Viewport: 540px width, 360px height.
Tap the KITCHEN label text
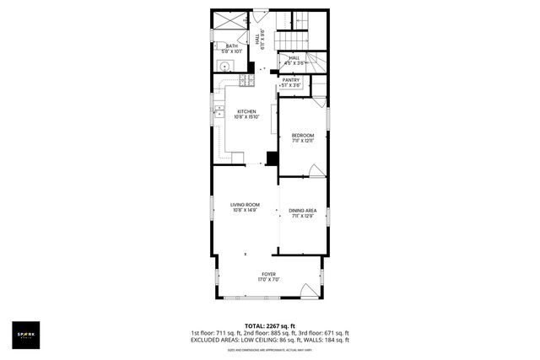point(246,111)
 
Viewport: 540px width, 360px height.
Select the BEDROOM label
point(303,136)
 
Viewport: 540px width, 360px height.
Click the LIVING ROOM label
point(245,205)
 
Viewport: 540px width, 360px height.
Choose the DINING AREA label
point(303,211)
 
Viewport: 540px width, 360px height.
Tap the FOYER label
point(269,274)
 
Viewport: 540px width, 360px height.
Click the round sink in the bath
point(225,65)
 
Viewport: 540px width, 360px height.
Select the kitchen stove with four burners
point(246,81)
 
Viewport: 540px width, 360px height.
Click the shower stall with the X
point(228,20)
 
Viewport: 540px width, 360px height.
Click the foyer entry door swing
point(308,293)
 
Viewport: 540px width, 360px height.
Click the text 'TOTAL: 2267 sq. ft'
point(270,326)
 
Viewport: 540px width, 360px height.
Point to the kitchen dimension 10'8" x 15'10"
point(246,117)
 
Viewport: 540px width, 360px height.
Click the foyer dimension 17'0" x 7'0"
point(269,280)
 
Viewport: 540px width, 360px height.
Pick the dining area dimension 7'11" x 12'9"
point(303,217)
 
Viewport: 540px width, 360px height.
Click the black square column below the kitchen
point(272,158)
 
